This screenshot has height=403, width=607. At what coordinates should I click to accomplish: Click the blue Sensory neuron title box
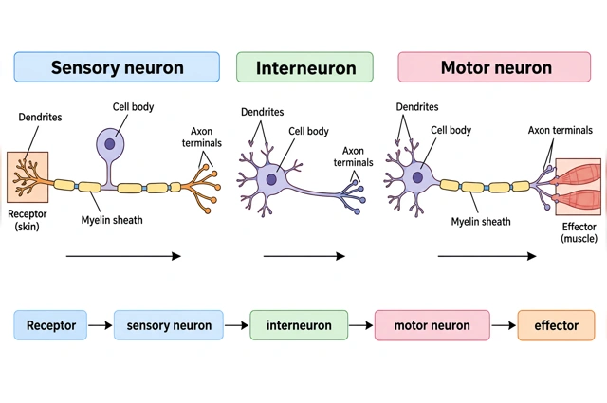(117, 67)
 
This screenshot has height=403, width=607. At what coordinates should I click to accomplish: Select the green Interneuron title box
(304, 67)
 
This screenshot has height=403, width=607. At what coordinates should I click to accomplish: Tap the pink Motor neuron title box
(494, 67)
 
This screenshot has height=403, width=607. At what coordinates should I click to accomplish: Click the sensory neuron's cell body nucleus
(110, 144)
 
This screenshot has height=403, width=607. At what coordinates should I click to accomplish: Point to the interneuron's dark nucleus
(271, 179)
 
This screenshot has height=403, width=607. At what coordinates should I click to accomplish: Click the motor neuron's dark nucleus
(417, 177)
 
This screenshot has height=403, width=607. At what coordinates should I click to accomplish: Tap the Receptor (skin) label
(28, 220)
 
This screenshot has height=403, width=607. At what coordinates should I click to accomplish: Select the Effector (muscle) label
(579, 232)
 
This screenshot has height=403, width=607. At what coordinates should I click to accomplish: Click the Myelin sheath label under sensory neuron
(112, 220)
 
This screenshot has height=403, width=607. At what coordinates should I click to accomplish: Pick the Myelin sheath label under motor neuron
(481, 222)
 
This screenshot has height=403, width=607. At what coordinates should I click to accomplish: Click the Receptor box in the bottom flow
(50, 325)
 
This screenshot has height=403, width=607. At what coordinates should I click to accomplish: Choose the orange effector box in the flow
(556, 325)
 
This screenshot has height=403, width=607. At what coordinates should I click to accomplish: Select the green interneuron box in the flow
(299, 325)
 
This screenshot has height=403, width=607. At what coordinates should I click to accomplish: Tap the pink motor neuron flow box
(432, 325)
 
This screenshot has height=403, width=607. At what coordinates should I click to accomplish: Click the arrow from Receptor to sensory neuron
(101, 325)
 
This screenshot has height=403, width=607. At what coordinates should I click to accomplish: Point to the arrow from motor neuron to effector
(504, 325)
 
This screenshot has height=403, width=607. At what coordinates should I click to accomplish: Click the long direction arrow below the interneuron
(304, 256)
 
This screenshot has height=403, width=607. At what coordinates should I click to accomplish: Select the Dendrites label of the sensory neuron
(40, 117)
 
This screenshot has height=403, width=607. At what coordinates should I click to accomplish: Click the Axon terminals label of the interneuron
(353, 156)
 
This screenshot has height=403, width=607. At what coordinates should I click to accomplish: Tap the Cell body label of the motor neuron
(451, 130)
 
